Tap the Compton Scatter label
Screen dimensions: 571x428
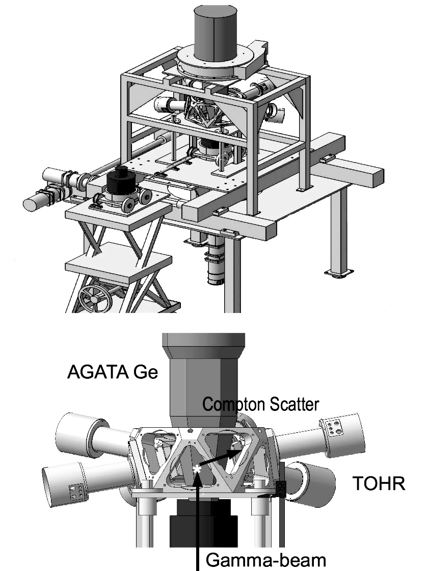click(260, 405)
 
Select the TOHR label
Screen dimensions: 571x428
click(379, 483)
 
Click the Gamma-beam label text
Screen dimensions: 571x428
click(265, 559)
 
